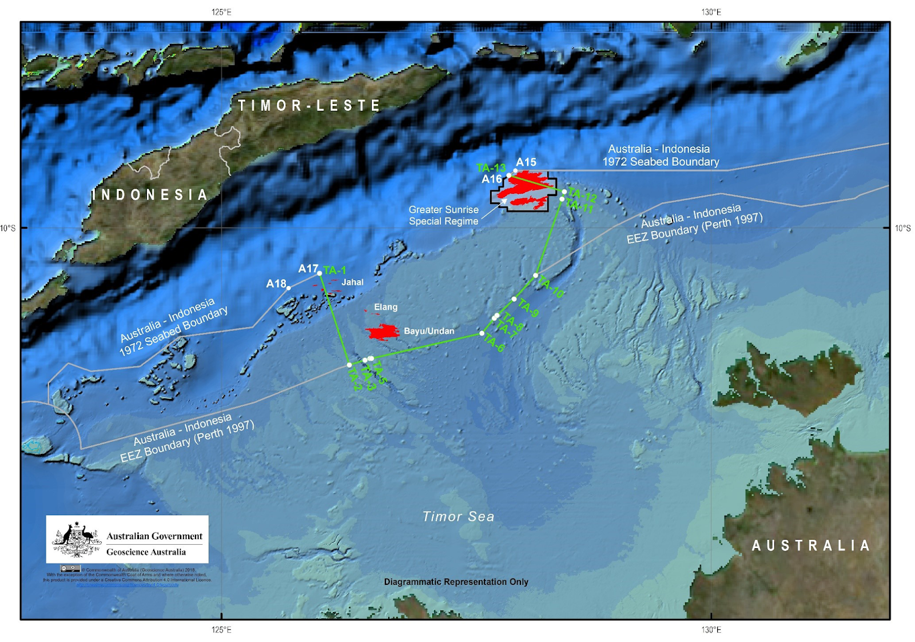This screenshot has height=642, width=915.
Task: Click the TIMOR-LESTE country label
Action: (x=309, y=106)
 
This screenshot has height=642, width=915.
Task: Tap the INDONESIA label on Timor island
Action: (x=150, y=195)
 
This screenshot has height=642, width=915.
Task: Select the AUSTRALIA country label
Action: (x=811, y=545)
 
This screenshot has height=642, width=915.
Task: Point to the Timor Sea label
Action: (x=458, y=517)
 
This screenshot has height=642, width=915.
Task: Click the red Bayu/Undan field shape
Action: (x=382, y=332)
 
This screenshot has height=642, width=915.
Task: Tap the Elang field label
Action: (x=385, y=307)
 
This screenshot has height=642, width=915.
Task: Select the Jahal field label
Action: (x=352, y=282)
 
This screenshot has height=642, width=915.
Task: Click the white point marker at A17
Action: (x=319, y=273)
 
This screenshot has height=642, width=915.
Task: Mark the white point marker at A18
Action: (x=289, y=288)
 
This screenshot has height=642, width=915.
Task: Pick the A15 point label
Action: (x=526, y=162)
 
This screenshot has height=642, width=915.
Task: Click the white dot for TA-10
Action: (x=536, y=276)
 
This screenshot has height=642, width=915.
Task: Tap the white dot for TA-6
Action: (x=482, y=333)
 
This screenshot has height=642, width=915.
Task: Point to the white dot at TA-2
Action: (x=349, y=365)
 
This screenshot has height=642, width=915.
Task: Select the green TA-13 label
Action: (x=491, y=168)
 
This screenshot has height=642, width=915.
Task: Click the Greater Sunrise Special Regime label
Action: (x=443, y=216)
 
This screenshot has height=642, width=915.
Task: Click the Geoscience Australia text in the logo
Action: (x=146, y=552)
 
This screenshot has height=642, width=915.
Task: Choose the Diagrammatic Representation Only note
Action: (x=456, y=582)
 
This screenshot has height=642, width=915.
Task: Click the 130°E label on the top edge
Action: (x=711, y=12)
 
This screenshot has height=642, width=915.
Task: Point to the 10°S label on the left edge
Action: (x=8, y=229)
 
